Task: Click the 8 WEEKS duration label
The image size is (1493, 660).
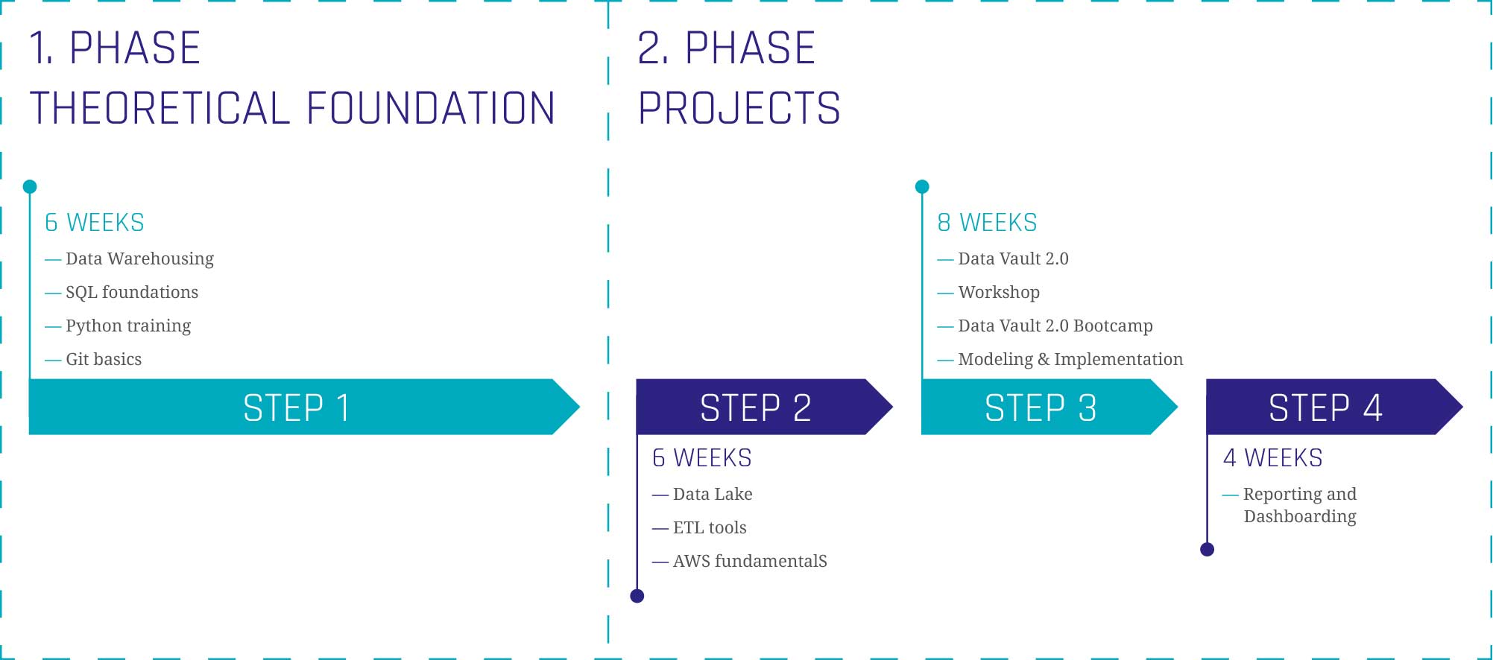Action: [x=987, y=223]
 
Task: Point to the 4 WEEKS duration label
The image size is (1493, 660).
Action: [x=1272, y=457]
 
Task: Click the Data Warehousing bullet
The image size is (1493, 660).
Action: [x=130, y=259]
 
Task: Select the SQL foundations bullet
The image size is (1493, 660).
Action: [x=121, y=292]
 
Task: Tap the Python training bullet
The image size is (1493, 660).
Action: [x=118, y=326]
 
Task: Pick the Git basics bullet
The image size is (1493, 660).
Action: [x=93, y=359]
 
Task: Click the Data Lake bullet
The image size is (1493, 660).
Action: [x=702, y=494]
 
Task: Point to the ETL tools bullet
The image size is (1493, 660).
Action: [x=699, y=527]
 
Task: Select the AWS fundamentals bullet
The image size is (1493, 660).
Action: [x=739, y=561]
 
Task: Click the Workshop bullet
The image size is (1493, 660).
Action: [x=988, y=293]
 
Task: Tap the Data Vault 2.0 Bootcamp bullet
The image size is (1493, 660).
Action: [x=1045, y=326]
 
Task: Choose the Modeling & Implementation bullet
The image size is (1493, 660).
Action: [x=1060, y=360]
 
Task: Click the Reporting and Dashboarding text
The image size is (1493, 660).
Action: [x=1300, y=505]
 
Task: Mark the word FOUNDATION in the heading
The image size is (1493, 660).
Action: [x=431, y=108]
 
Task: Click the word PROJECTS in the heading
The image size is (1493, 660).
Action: [x=739, y=108]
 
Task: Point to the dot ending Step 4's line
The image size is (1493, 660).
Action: [x=1208, y=550]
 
